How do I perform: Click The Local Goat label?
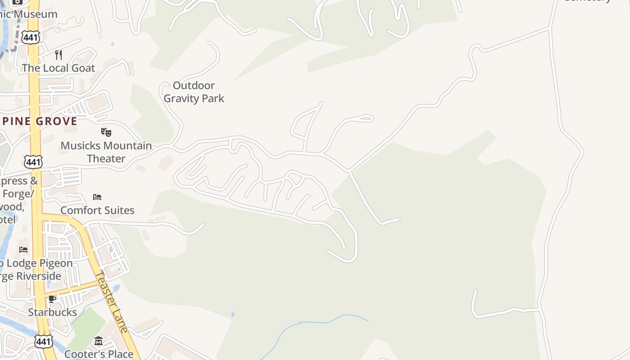tap(58, 68)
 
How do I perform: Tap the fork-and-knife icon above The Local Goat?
tap(58, 55)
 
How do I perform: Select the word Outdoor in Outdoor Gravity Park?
tap(193, 85)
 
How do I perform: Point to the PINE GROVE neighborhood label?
tap(39, 121)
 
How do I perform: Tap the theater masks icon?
tap(106, 132)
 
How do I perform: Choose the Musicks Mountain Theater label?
tap(106, 152)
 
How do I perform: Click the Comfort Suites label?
tap(97, 210)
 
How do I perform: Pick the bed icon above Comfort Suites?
tap(97, 197)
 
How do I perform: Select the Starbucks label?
tap(52, 312)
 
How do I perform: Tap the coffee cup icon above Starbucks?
tap(52, 299)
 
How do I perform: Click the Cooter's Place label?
tap(99, 354)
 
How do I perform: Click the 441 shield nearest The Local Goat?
tap(31, 37)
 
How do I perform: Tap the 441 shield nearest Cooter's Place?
tap(43, 342)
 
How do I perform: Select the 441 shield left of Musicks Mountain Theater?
tap(34, 162)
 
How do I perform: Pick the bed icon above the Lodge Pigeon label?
tap(23, 249)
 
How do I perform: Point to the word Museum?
tap(35, 14)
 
